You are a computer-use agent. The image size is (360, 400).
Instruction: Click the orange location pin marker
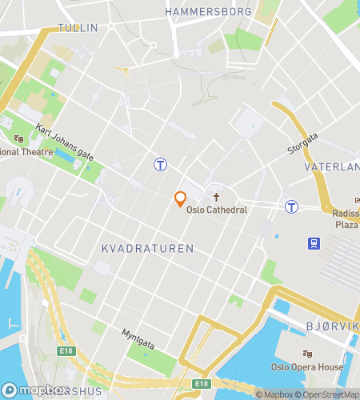(x=181, y=198)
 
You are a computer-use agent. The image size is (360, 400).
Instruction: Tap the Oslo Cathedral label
(x=217, y=210)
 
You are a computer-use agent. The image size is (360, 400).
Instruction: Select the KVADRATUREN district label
(x=147, y=249)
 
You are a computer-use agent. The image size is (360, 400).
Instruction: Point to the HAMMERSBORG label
(x=207, y=12)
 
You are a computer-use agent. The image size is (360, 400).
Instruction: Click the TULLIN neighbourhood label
(x=79, y=28)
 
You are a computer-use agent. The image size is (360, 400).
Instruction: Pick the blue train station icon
(x=312, y=242)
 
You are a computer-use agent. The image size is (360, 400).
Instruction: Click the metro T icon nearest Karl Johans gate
(x=161, y=164)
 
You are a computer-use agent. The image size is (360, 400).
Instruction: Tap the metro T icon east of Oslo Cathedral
(x=292, y=206)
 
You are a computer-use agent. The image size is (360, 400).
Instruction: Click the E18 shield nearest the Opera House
(x=202, y=385)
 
